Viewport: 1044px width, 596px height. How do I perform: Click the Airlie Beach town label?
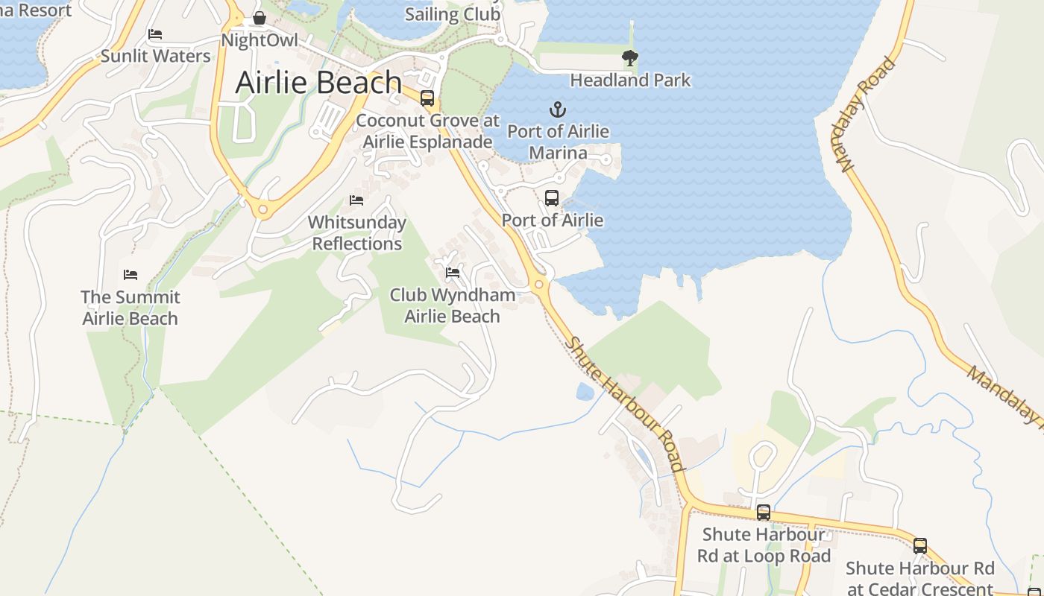tap(318, 83)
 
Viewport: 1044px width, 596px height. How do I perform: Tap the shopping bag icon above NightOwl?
tap(260, 18)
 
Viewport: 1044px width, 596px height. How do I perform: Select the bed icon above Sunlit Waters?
tap(155, 34)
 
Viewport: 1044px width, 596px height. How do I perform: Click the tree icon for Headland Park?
tap(630, 57)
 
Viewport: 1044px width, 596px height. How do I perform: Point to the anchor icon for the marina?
tap(558, 110)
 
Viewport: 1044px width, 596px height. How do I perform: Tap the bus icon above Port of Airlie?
tap(552, 198)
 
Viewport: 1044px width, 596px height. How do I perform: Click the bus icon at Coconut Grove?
tap(427, 98)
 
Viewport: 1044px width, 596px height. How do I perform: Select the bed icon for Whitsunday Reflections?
tap(356, 200)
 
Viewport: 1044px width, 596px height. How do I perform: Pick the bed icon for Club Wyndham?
tap(453, 273)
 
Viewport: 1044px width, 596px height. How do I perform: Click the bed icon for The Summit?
tap(130, 275)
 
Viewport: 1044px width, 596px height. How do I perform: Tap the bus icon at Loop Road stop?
tap(764, 513)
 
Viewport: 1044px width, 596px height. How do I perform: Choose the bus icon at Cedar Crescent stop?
tap(920, 546)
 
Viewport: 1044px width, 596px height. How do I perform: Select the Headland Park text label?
tap(630, 80)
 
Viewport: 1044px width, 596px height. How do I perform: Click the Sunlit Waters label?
tap(156, 56)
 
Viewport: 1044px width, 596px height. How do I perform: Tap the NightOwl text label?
tap(260, 40)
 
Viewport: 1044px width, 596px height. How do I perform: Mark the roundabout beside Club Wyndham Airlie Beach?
tap(539, 284)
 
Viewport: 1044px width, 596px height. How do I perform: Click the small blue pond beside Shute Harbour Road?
tap(585, 391)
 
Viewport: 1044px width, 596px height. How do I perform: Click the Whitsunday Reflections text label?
tap(357, 232)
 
